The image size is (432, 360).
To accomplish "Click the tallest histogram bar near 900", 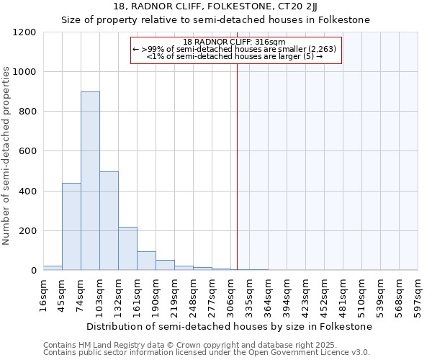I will [x=90, y=181].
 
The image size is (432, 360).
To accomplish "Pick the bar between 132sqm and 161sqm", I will [x=127, y=248].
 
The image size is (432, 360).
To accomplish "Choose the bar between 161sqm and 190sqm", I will [x=146, y=261].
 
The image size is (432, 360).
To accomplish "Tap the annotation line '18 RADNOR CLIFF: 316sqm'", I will [x=235, y=42].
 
